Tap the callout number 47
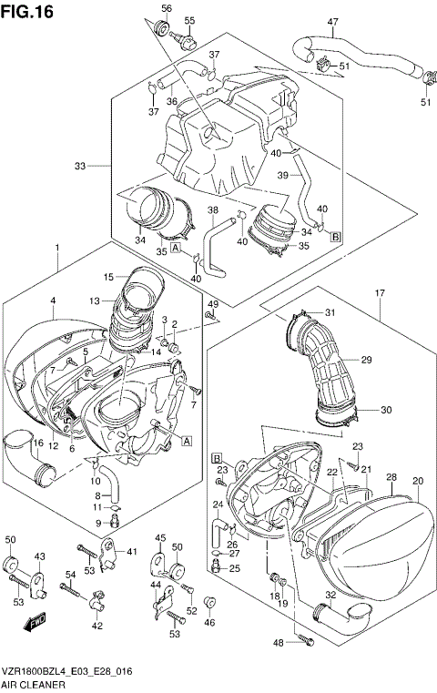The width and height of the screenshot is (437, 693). pyautogui.click(x=332, y=22)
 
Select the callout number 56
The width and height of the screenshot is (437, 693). pyautogui.click(x=166, y=8)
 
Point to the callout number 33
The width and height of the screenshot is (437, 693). pyautogui.click(x=80, y=166)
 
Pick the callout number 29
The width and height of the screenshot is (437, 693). pyautogui.click(x=366, y=361)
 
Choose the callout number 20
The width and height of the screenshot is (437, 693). pyautogui.click(x=418, y=481)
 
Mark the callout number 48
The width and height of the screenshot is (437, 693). pyautogui.click(x=279, y=643)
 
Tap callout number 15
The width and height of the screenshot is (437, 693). pyautogui.click(x=108, y=276)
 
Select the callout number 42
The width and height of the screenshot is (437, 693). pyautogui.click(x=97, y=627)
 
